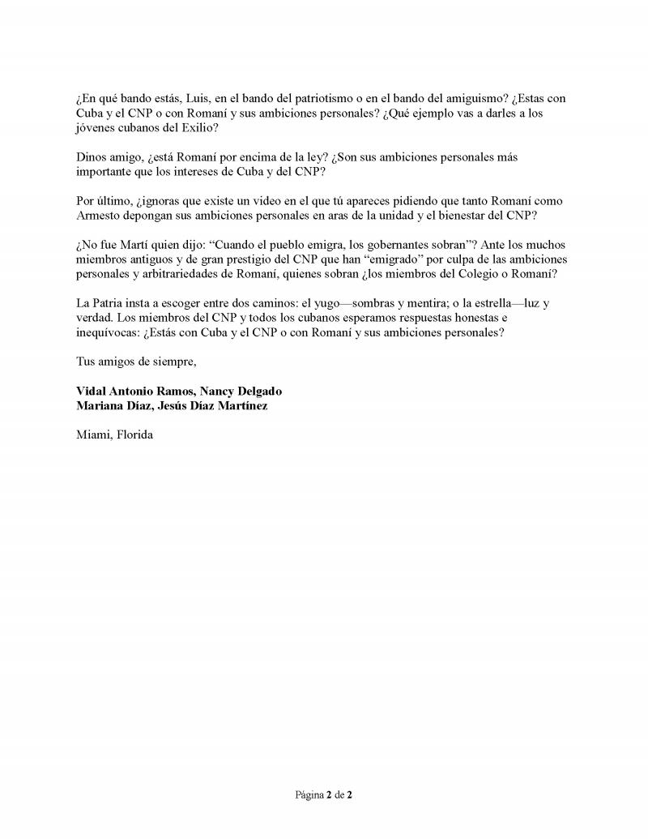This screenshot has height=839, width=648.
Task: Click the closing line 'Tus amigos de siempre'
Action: [136, 362]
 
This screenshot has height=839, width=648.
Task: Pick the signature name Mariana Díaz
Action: [112, 405]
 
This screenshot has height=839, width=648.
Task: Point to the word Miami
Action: [93, 434]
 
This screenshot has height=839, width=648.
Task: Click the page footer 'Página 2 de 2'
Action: [323, 795]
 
